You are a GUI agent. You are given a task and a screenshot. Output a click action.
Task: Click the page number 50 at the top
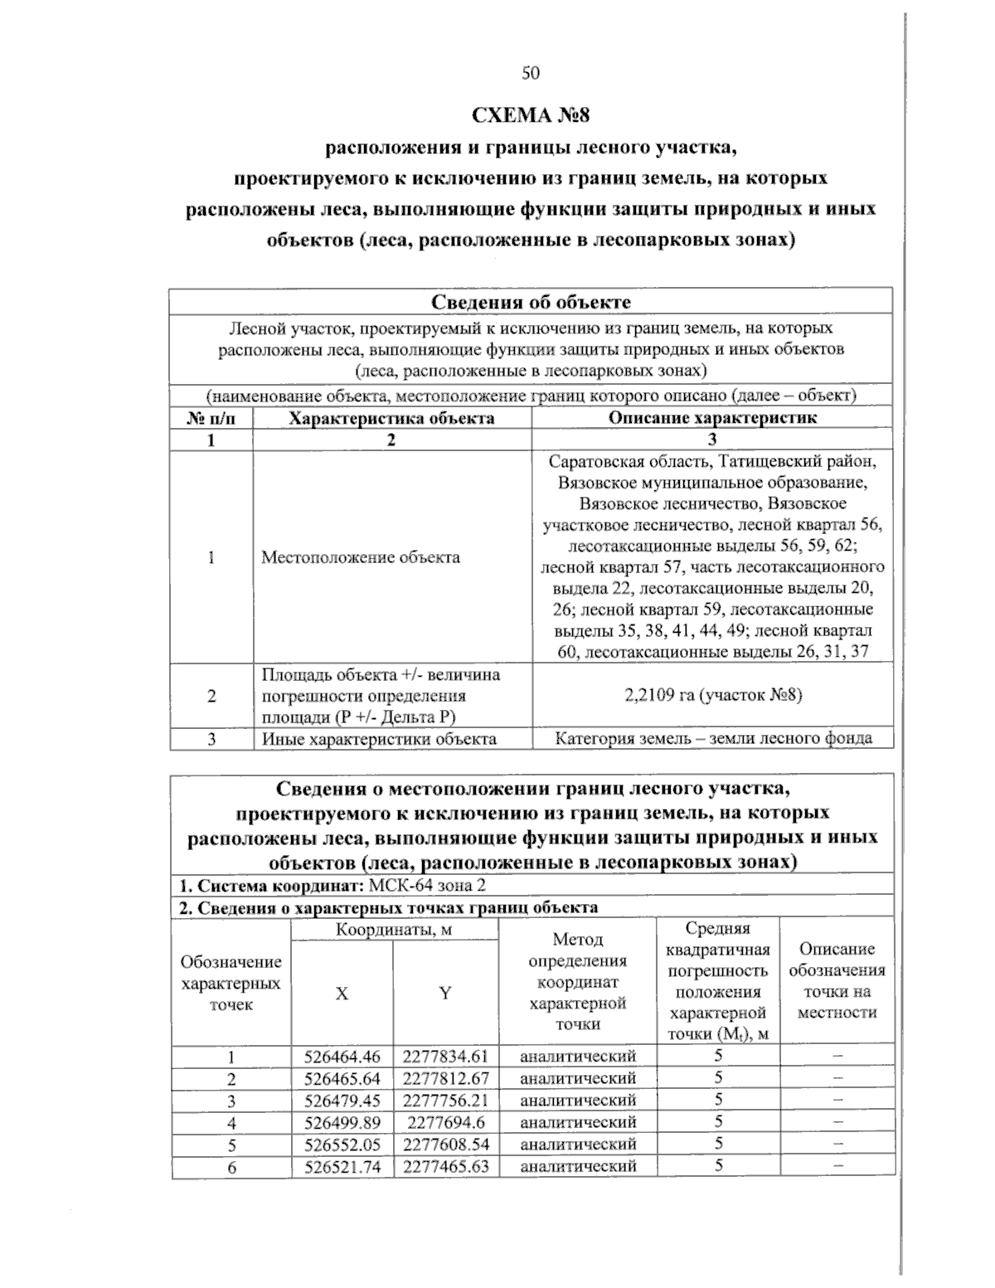click(531, 74)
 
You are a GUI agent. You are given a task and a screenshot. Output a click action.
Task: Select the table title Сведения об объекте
click(531, 301)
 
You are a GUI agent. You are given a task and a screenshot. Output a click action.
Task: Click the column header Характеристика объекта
click(391, 418)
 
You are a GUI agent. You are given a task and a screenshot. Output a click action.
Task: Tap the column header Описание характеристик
click(712, 417)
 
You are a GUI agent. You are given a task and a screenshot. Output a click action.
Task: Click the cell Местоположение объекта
click(361, 557)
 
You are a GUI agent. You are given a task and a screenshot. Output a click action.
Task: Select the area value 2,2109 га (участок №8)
click(712, 695)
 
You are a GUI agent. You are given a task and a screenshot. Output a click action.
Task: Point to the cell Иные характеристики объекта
click(379, 738)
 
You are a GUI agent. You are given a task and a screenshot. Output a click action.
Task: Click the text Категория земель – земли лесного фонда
click(712, 738)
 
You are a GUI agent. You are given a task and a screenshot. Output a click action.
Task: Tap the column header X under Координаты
click(342, 994)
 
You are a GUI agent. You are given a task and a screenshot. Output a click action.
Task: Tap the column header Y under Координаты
click(445, 994)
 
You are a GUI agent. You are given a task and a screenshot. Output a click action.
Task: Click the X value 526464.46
click(342, 1057)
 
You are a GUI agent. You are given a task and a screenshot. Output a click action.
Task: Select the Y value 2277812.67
click(445, 1078)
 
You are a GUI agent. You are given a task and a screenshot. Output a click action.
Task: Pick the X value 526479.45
click(342, 1101)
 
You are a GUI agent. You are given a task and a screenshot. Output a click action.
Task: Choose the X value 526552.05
click(342, 1145)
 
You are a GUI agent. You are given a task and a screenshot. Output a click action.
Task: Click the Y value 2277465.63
click(445, 1166)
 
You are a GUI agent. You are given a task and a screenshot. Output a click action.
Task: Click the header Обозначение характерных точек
click(231, 983)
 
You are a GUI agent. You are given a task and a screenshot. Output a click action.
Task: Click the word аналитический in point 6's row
click(578, 1166)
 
